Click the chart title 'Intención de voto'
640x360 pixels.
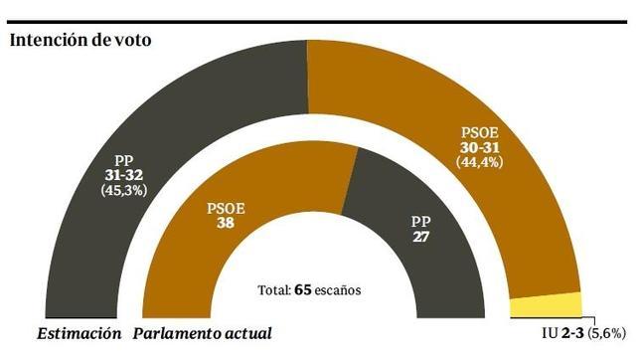click(x=80, y=41)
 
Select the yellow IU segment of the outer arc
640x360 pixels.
click(x=545, y=306)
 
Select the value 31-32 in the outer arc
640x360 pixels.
click(x=125, y=172)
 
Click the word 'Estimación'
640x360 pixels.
click(x=79, y=333)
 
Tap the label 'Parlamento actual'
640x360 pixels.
click(x=202, y=333)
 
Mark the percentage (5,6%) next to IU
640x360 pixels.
click(x=606, y=332)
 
